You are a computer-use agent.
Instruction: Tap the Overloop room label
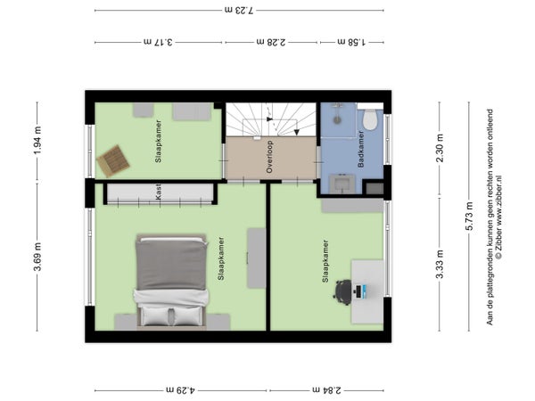click(269, 157)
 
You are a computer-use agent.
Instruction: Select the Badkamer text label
click(360, 149)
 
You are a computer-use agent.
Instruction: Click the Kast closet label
click(158, 192)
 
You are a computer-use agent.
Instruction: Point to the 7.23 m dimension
click(239, 10)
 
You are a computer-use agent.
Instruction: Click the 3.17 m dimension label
click(158, 42)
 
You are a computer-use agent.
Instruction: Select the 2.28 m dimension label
click(271, 42)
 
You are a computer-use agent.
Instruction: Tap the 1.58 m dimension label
click(351, 42)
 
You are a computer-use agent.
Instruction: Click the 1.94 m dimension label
click(37, 140)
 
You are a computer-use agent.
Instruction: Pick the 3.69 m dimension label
click(37, 257)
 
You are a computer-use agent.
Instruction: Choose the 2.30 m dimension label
click(440, 148)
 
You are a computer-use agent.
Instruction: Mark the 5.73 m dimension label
click(469, 217)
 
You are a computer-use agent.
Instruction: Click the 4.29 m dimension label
click(181, 389)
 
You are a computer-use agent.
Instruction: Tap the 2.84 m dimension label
click(326, 389)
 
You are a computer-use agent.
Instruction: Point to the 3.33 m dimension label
click(440, 264)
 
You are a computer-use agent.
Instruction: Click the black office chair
click(343, 292)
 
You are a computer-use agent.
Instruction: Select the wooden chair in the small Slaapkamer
click(113, 161)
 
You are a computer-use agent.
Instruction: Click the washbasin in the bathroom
click(342, 184)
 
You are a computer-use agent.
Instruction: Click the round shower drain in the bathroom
click(337, 120)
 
